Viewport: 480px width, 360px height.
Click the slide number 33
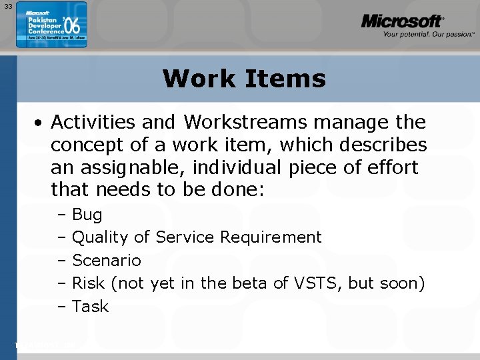coord(7,6)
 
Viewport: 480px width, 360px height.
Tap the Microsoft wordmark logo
coord(402,21)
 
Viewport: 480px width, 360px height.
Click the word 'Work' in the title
coord(195,79)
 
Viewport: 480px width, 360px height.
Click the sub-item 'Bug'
coord(87,215)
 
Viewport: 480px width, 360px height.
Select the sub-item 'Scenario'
coord(106,260)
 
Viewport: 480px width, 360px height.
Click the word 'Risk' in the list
coord(88,283)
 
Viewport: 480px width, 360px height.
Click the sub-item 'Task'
coord(90,306)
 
